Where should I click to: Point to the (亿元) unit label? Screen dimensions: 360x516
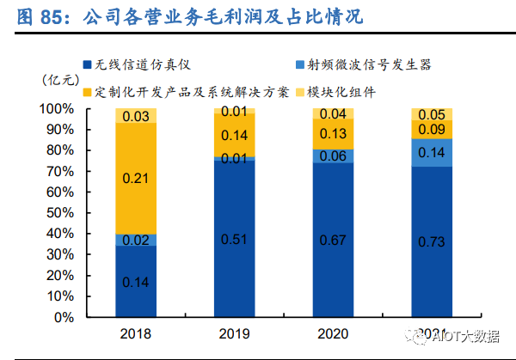click(x=60, y=79)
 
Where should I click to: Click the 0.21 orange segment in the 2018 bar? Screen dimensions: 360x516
click(x=135, y=179)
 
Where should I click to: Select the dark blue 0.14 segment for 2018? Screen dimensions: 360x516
click(x=135, y=281)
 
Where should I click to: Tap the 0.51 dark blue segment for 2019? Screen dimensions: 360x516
click(x=235, y=239)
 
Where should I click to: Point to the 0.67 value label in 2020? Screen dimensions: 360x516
click(x=334, y=239)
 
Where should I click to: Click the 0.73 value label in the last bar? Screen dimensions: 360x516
click(x=433, y=242)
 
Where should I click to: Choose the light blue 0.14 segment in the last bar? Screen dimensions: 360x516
click(x=433, y=152)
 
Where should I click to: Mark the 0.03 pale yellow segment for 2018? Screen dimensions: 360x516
click(x=135, y=116)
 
